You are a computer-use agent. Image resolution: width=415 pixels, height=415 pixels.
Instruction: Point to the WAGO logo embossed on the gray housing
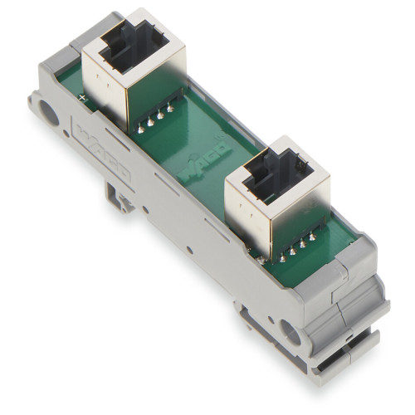(107, 154)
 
